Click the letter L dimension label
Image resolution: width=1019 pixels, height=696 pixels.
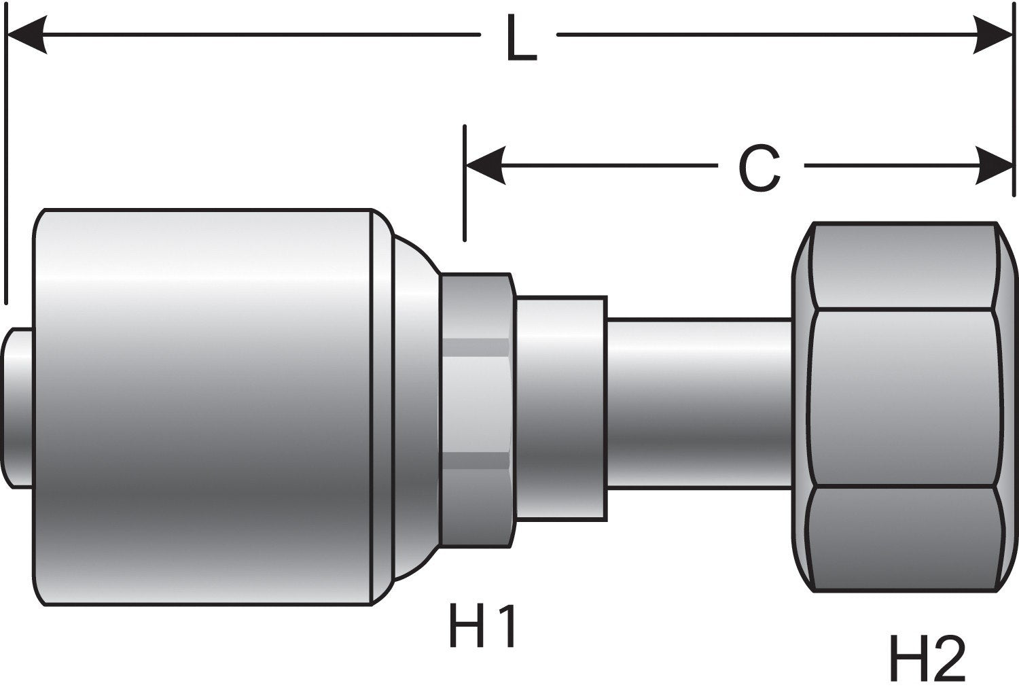pyautogui.click(x=520, y=41)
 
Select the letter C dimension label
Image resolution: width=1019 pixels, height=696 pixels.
pyautogui.click(x=759, y=169)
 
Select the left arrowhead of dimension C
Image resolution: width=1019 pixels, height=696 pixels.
pyautogui.click(x=485, y=165)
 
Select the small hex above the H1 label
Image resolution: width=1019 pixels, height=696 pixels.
pyautogui.click(x=476, y=408)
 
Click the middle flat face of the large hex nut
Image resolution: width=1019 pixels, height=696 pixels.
pyautogui.click(x=904, y=398)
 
